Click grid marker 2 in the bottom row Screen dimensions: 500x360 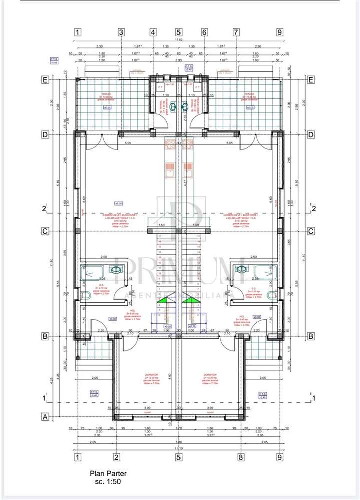(116, 456)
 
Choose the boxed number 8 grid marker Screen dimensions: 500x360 (240, 456)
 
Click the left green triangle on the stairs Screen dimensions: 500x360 (163, 300)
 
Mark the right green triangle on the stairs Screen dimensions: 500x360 (189, 300)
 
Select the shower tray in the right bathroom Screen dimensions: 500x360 (265, 271)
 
